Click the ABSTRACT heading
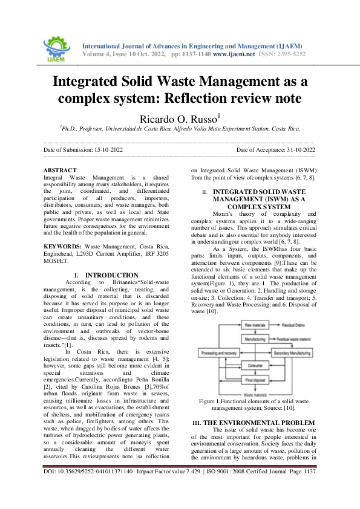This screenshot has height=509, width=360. click(x=62, y=171)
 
